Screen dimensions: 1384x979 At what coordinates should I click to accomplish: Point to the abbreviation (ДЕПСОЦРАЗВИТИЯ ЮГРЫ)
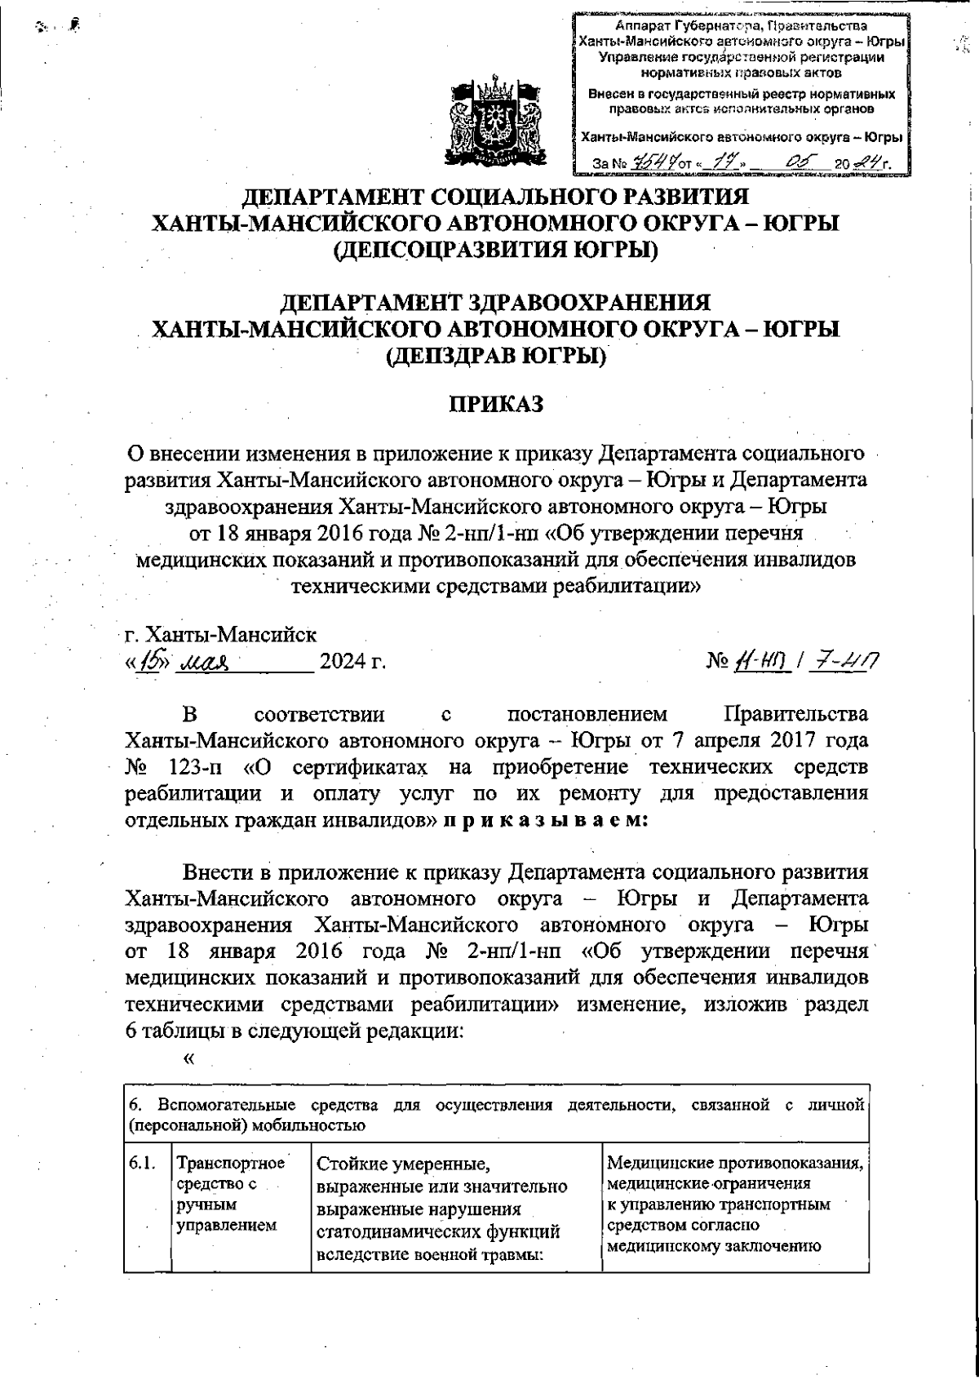click(497, 250)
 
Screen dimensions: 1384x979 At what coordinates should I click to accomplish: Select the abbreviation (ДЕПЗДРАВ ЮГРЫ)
click(497, 357)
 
